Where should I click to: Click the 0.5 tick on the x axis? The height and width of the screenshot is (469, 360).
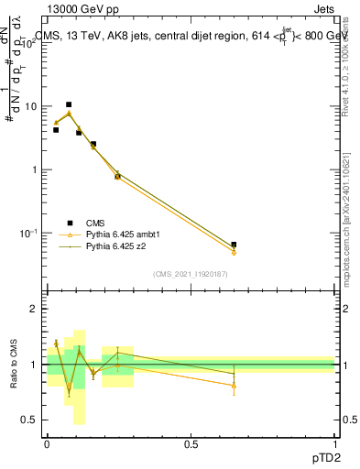(191, 443)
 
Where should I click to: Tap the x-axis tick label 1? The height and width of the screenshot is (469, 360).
(335, 443)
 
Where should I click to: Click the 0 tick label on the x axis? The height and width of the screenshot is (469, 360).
(48, 443)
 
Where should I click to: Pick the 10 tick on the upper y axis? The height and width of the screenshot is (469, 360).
(32, 106)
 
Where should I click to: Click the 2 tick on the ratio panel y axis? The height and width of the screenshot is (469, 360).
(36, 309)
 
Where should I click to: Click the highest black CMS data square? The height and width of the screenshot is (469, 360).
(69, 104)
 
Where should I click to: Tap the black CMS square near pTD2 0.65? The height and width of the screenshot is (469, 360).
(234, 245)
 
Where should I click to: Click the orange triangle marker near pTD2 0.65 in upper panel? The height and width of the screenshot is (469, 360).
(234, 252)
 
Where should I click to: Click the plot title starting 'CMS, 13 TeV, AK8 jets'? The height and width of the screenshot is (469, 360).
(192, 37)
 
